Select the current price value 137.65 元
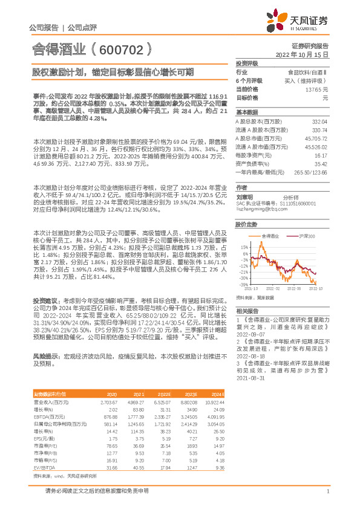[x=315, y=89]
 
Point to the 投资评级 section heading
[x=247, y=63]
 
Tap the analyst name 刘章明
[x=245, y=196]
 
